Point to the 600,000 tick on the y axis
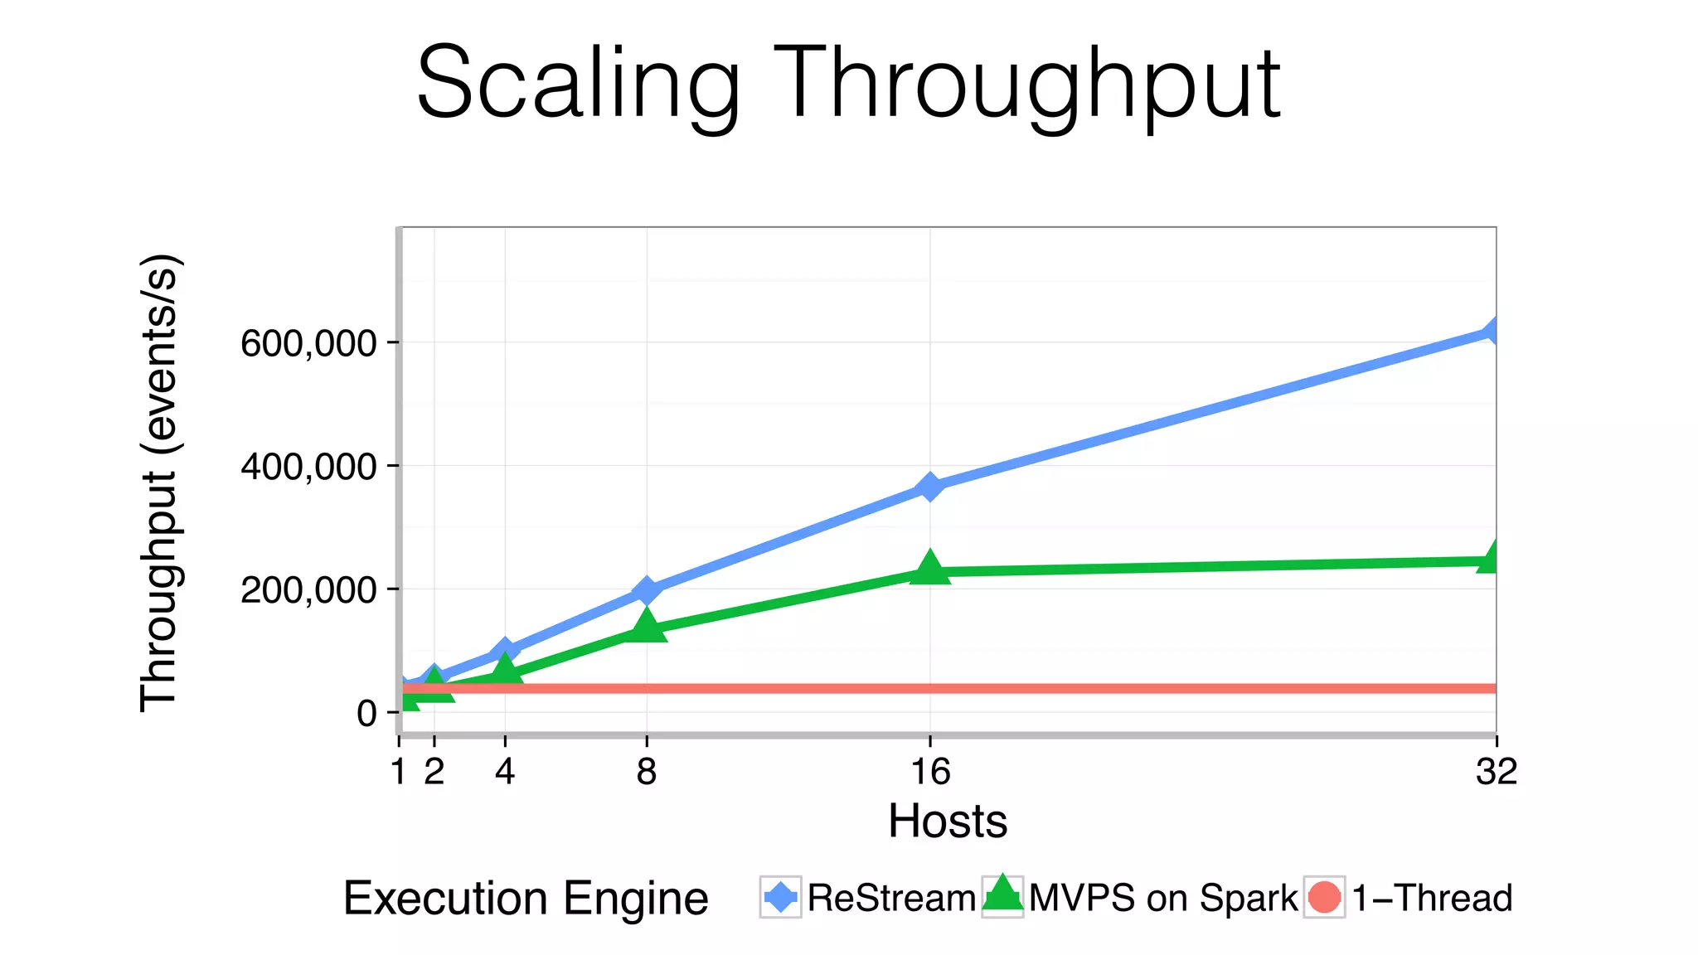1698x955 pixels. pyautogui.click(x=308, y=343)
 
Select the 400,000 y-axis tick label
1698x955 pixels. pyautogui.click(x=308, y=467)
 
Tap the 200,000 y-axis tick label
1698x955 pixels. pyautogui.click(x=308, y=590)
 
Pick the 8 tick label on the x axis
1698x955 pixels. pyautogui.click(x=647, y=773)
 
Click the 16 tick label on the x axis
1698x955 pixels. pyautogui.click(x=930, y=773)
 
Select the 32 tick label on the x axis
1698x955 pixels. pyautogui.click(x=1497, y=773)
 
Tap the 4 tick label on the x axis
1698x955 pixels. pyautogui.click(x=505, y=773)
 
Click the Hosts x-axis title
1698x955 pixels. pyautogui.click(x=948, y=822)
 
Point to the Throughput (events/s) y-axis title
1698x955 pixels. pyautogui.click(x=158, y=482)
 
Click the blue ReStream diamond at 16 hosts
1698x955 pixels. pyautogui.click(x=930, y=487)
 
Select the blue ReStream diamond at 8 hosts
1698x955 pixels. pyautogui.click(x=647, y=590)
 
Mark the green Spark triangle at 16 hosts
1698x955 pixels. pyautogui.click(x=930, y=568)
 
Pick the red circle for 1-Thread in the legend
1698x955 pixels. pyautogui.click(x=1324, y=898)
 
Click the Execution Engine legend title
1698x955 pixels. pyautogui.click(x=526, y=898)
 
